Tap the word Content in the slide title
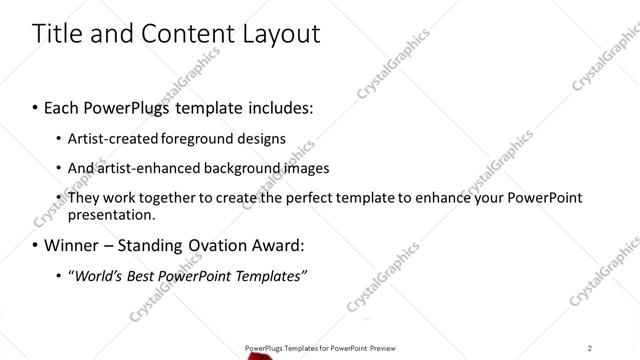182,34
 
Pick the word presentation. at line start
112,215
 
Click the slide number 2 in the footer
590,347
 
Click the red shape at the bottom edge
263,355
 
